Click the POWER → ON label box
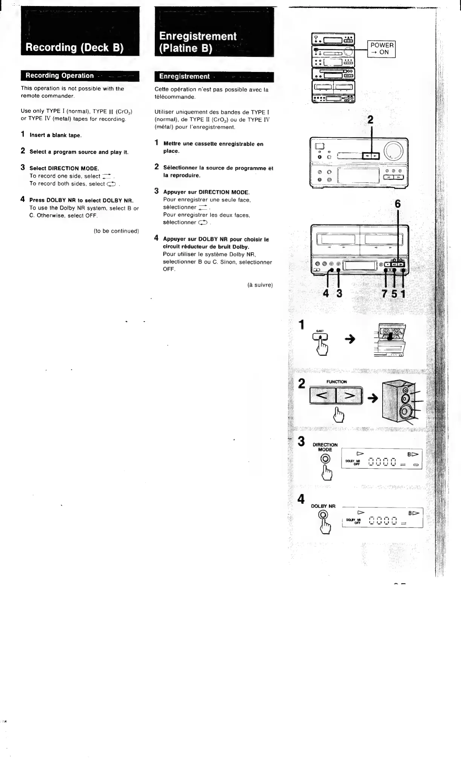382,49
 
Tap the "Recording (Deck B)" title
75,48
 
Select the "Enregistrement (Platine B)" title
197,42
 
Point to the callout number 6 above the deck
397,204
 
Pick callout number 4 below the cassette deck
326,293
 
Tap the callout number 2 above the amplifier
371,119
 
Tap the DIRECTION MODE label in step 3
325,447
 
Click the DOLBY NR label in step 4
323,506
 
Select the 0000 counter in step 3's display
382,462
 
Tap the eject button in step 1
323,337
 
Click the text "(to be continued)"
116,231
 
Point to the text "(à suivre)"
260,285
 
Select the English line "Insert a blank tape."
55,135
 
